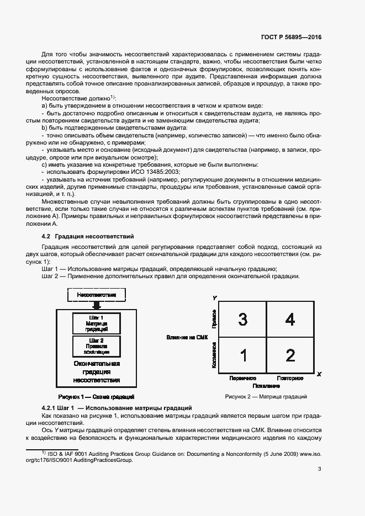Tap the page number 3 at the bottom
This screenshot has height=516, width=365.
[319, 469]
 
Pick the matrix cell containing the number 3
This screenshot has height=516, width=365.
[242, 319]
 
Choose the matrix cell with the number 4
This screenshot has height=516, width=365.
[290, 319]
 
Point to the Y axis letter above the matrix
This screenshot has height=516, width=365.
[214, 298]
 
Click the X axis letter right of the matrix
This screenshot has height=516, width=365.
[319, 374]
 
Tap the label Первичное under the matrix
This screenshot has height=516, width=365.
[242, 378]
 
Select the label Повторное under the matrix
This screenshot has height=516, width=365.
[289, 378]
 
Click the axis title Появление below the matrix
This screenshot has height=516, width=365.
[266, 385]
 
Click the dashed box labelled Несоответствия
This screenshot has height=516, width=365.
[97, 295]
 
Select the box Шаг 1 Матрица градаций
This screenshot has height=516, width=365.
[97, 323]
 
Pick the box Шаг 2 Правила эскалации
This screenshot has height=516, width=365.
[97, 346]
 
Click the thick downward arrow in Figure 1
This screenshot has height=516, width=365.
[97, 305]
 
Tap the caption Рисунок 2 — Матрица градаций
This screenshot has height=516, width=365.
[266, 397]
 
